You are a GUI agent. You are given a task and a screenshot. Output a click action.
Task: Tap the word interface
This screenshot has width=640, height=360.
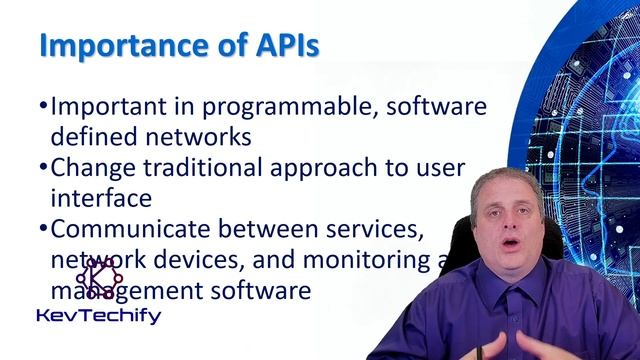100,197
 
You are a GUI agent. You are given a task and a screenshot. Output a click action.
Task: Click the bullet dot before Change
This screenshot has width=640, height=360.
43,168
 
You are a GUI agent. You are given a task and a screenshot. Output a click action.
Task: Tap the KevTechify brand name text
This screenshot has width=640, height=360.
98,315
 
